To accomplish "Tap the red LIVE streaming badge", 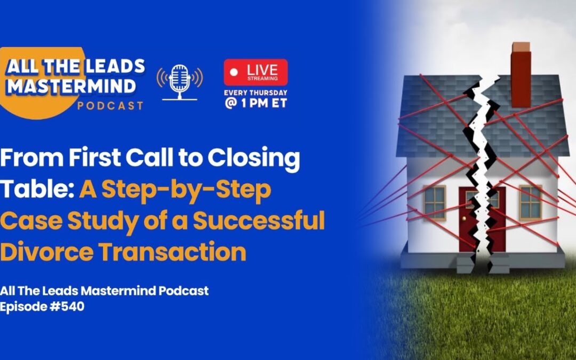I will click(255, 72).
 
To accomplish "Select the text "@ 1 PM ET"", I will click(255, 103).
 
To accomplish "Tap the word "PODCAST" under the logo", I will click(110, 105).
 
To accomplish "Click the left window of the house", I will click(435, 202).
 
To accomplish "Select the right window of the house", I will click(530, 202).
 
